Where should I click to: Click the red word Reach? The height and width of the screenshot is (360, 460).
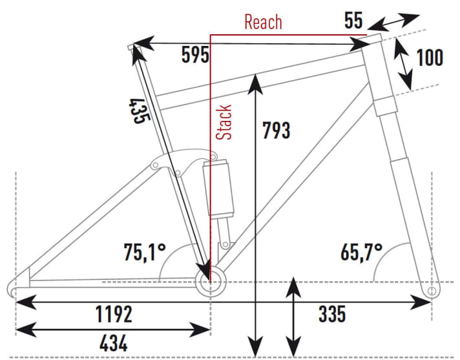[263, 22]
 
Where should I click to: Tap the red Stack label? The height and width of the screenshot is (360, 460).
[224, 123]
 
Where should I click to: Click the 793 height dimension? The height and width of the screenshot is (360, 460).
[277, 130]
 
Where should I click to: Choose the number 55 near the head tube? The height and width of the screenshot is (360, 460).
[353, 21]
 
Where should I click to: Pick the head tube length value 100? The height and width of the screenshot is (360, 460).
[430, 58]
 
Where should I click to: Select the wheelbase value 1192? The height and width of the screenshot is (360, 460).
[114, 315]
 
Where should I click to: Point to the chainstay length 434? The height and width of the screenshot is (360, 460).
[114, 341]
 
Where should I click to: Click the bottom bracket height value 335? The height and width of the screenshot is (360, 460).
[331, 315]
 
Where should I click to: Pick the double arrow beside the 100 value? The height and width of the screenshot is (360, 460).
[404, 63]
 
